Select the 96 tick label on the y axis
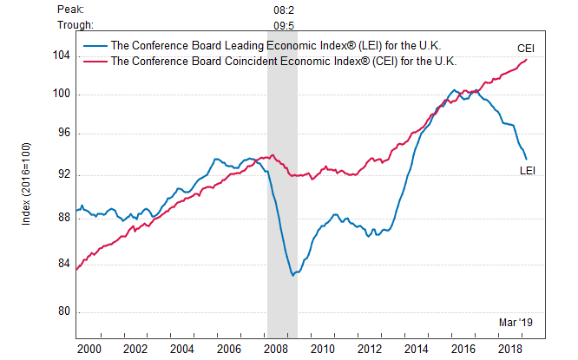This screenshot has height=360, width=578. pos(63,134)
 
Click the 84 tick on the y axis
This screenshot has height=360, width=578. pos(63,264)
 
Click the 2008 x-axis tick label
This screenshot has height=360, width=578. pos(275,349)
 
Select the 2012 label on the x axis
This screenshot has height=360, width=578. pos(369,349)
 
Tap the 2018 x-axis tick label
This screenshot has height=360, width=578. pos(509,349)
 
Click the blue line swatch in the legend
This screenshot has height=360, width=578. pos(94,47)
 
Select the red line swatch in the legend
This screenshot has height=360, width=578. pos(94,61)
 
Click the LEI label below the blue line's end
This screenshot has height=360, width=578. pos(527,170)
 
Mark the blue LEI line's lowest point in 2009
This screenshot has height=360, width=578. pos(293,275)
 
